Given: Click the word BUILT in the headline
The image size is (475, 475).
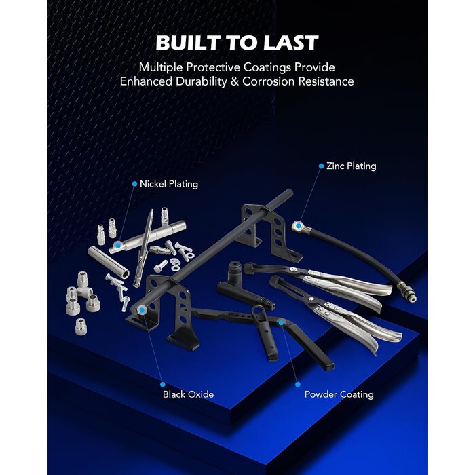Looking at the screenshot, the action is coord(188,42).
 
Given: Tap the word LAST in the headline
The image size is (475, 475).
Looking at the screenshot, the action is coord(290,42).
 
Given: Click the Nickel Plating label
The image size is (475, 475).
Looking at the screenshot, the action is coord(169,184).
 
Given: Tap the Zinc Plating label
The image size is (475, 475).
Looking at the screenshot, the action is coord(351,166).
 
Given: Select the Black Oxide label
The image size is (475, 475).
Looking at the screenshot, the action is coord(188,394).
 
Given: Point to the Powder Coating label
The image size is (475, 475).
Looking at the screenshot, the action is coord(339,394).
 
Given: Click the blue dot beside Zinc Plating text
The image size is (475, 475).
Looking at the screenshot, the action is coord(321,166).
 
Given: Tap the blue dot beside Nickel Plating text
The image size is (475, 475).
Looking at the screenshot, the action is coord(134,184).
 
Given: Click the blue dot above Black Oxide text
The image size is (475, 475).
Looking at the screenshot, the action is coord(163,385).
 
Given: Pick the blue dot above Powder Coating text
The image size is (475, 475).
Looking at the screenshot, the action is coord(298,385).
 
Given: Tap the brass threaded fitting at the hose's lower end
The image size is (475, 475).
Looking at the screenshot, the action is coord(407,292).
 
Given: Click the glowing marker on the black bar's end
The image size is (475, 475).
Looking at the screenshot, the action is coord(142,309).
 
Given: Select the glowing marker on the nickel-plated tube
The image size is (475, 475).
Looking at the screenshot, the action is coord(117,245).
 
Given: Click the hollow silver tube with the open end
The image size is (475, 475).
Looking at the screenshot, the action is coord(109,262).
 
